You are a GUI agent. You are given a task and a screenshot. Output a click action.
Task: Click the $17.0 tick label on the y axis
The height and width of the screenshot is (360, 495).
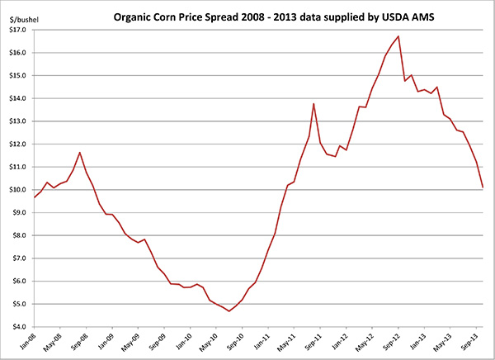(x=17, y=30)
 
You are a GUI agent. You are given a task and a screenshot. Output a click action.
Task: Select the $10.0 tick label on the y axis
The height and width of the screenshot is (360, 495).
(x=17, y=190)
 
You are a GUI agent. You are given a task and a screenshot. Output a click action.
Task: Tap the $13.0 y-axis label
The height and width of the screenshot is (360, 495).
(x=17, y=121)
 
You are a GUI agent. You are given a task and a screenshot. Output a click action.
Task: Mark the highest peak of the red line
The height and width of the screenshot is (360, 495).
(x=398, y=36)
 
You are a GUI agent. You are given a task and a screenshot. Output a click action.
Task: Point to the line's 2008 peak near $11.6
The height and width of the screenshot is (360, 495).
(x=79, y=153)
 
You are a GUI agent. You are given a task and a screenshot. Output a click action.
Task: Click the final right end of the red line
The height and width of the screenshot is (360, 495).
(x=483, y=188)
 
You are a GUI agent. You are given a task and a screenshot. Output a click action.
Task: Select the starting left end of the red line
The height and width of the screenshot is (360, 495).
(x=35, y=197)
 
